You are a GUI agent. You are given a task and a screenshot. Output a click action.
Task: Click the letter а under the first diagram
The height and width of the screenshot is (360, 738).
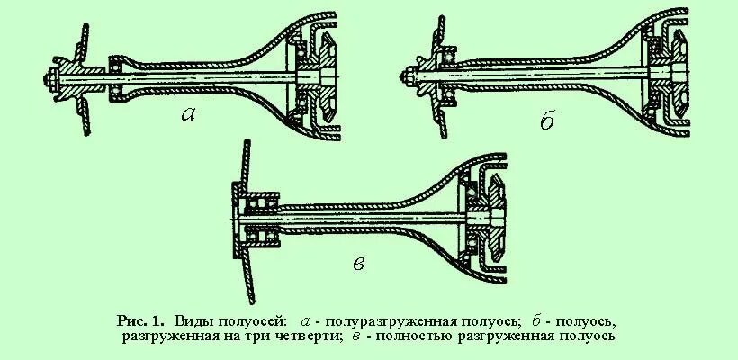(x=189, y=114)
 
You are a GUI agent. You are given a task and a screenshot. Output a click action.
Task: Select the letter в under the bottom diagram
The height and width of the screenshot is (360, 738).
(x=359, y=263)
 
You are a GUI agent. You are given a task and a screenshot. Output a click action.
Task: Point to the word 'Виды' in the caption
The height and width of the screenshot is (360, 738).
(x=194, y=320)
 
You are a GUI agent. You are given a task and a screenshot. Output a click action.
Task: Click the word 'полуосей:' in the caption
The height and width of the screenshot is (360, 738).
(x=254, y=320)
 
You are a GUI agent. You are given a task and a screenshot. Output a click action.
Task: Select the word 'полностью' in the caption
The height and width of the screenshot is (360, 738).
(x=415, y=337)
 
